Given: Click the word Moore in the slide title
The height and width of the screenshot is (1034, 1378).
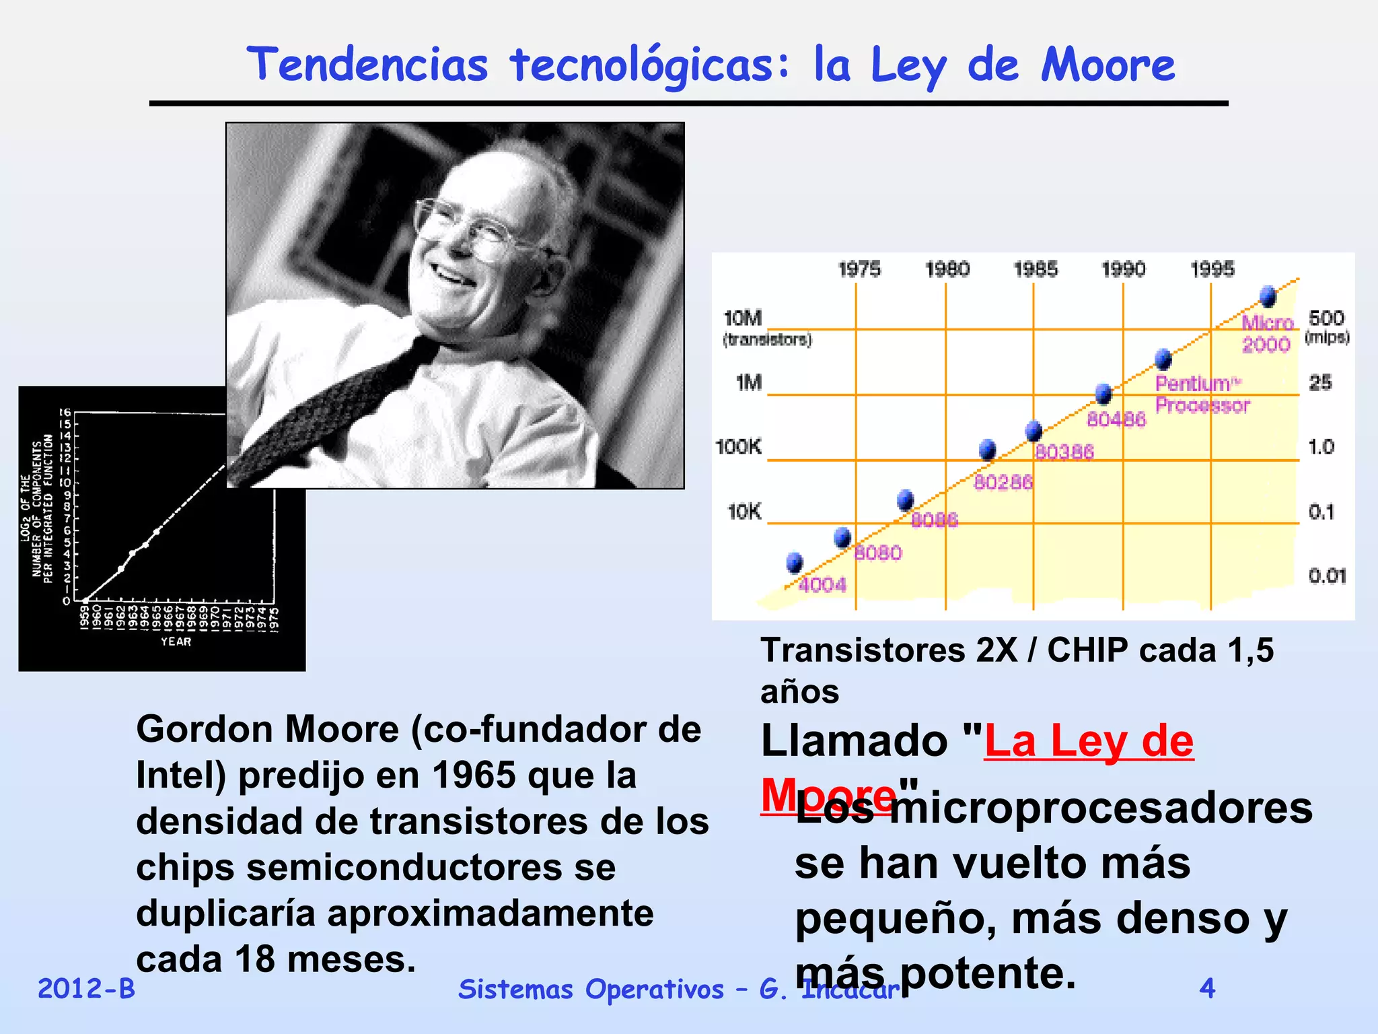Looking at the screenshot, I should [1108, 65].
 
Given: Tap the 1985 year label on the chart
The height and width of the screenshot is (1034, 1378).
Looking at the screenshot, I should [1036, 269].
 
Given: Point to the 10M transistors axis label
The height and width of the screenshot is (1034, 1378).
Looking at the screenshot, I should [743, 318].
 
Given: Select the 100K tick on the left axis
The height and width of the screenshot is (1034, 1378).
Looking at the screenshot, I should [738, 446].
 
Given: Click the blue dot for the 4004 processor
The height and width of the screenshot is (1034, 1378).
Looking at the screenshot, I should [795, 562].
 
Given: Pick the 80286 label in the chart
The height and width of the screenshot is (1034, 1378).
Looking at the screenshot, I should [1003, 482].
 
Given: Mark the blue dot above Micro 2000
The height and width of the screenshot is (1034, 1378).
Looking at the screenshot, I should [1268, 296].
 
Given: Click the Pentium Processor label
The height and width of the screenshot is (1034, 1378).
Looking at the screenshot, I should [1202, 394].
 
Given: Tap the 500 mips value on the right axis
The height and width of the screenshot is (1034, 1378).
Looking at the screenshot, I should [1326, 318].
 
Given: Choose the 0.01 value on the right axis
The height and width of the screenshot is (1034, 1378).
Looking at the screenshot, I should [1327, 576].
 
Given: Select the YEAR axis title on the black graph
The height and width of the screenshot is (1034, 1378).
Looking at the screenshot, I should [176, 642].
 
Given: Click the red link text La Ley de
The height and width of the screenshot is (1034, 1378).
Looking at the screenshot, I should [1089, 742].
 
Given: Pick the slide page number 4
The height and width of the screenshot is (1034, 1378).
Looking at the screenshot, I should [1207, 988].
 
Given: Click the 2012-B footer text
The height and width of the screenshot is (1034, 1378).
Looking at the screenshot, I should [86, 988].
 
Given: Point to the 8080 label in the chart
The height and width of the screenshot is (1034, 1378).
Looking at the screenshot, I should [878, 553].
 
